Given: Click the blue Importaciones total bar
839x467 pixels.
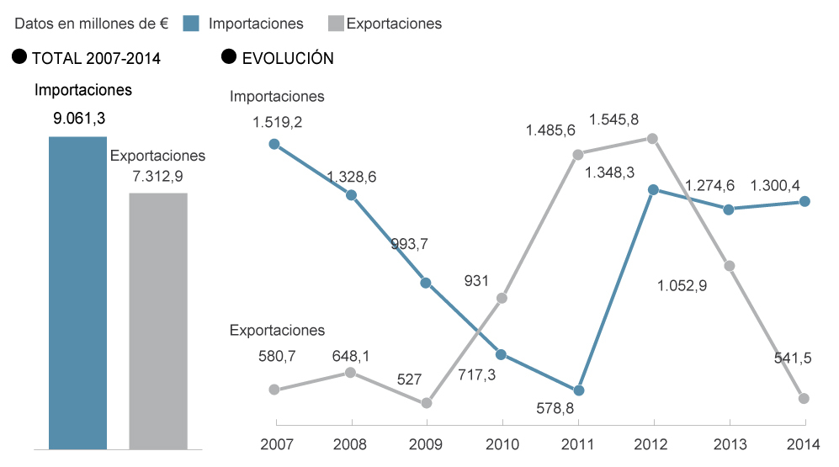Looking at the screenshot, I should (x=78, y=292).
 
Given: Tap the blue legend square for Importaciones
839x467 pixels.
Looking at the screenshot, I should (x=190, y=24).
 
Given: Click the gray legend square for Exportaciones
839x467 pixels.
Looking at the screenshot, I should (x=334, y=24).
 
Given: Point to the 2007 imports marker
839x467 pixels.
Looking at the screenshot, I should (x=273, y=144).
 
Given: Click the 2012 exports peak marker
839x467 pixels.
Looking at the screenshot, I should (x=652, y=138).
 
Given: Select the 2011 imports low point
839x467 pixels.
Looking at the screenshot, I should (x=578, y=391).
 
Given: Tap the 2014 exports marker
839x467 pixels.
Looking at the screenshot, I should (x=804, y=398).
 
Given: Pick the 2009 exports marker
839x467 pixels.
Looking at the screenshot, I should (x=427, y=403).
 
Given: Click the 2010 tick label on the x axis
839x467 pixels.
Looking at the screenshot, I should (x=502, y=443).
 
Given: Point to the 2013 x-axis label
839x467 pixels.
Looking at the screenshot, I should (x=729, y=443).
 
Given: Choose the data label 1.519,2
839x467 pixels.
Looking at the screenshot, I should (x=277, y=122).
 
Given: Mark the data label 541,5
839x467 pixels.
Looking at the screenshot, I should (x=793, y=358).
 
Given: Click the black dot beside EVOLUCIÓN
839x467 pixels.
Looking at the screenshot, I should (x=228, y=57).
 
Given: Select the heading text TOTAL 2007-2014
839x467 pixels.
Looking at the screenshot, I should (x=96, y=58).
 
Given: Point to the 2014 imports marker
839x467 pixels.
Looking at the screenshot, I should (x=804, y=201).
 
